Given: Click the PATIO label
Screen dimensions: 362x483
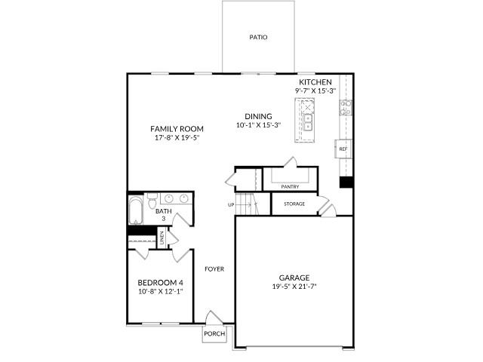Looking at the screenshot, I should (x=258, y=37).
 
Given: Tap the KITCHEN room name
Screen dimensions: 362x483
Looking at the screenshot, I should (x=315, y=82).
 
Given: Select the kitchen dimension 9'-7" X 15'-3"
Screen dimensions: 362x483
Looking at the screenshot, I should (x=315, y=90).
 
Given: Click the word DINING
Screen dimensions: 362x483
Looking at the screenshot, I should (x=257, y=116).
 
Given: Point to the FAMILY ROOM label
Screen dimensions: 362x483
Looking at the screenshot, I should (x=177, y=129).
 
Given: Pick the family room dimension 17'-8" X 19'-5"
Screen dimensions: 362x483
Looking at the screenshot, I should (x=177, y=138).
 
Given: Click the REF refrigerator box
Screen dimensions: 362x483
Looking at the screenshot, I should (x=343, y=149).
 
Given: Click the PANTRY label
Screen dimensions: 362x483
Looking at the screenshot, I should (x=290, y=186).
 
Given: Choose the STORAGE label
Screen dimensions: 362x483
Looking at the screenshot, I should (x=294, y=204).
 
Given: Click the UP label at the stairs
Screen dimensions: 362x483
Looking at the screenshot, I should (x=231, y=204).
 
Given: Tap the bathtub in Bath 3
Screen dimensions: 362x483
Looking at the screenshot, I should (x=136, y=210).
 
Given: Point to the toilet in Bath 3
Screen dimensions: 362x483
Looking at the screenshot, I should (x=152, y=201).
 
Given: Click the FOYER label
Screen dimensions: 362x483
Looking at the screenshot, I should (x=214, y=268).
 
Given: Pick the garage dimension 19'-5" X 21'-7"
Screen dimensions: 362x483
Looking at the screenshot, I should (x=294, y=287).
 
